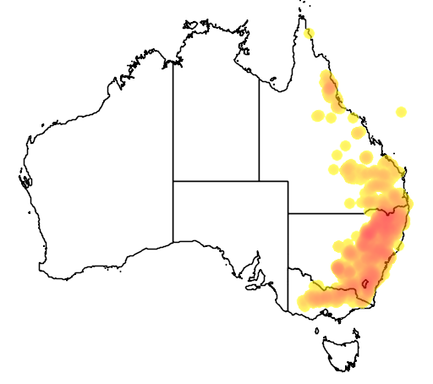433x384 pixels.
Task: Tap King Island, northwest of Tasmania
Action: (319, 324)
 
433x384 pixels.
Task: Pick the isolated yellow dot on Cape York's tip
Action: (310, 33)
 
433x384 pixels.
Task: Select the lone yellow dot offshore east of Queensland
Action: (401, 111)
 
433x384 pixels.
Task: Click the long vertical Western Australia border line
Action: (173, 152)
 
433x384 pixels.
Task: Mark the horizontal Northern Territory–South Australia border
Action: (216, 181)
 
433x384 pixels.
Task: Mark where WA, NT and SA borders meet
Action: (173, 181)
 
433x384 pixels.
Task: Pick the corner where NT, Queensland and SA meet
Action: (259, 181)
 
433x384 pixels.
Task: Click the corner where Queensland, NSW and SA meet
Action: (288, 213)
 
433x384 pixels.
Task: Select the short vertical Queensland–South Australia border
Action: (288, 197)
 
